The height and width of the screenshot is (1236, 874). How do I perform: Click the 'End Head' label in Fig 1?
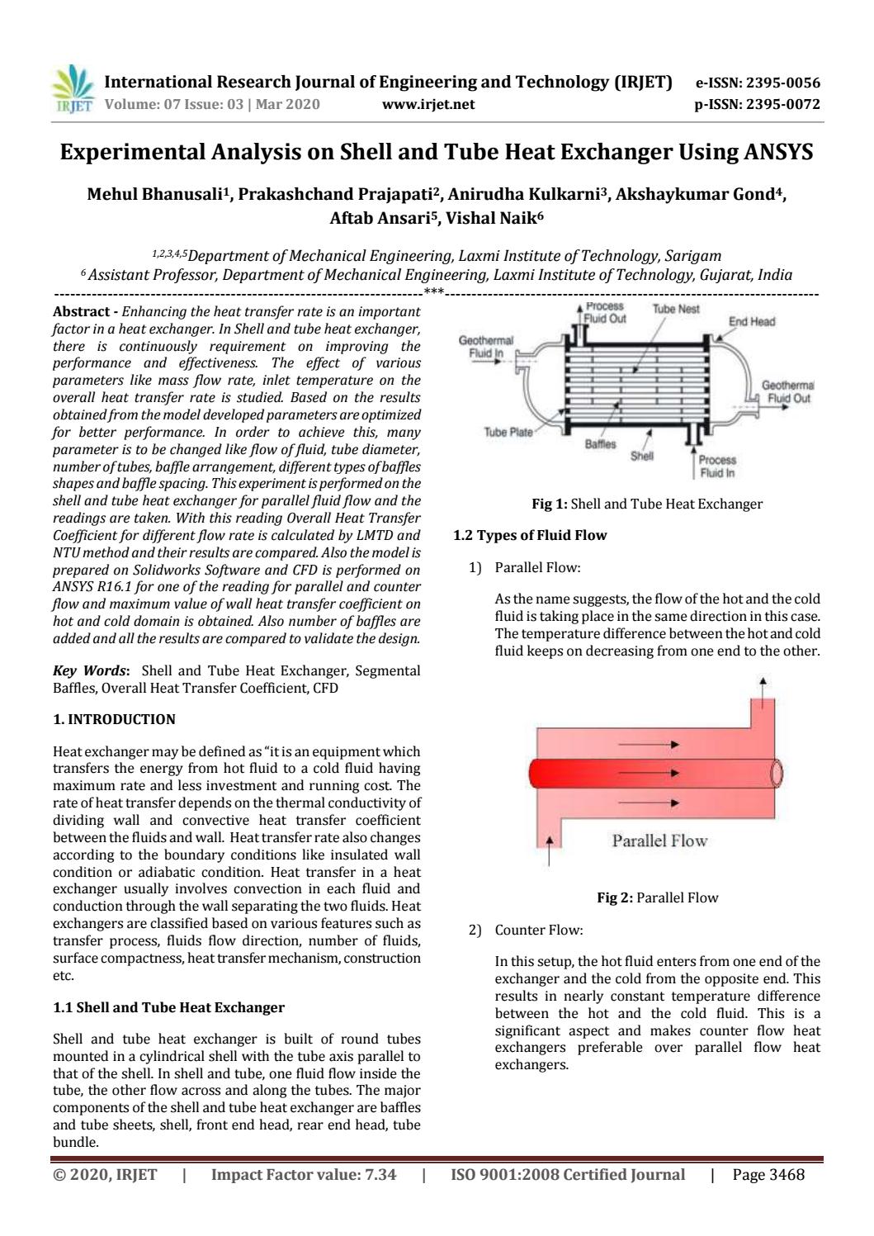click(751, 321)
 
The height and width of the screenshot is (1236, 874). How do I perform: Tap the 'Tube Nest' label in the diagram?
click(675, 309)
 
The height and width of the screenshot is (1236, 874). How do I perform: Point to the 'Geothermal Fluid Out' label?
click(788, 391)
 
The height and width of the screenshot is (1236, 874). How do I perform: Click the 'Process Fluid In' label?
click(716, 466)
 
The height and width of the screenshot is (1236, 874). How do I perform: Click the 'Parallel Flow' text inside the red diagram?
click(659, 841)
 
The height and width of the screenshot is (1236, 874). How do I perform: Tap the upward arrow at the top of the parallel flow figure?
click(763, 684)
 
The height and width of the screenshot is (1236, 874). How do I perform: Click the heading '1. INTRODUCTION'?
click(114, 719)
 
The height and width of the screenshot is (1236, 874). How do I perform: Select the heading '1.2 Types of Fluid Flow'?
click(530, 535)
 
